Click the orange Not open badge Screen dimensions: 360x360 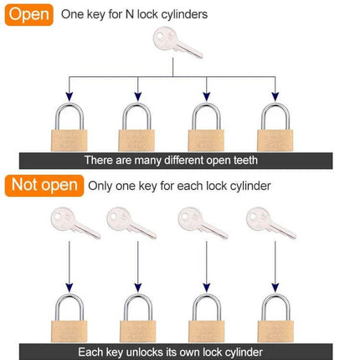(x=43, y=185)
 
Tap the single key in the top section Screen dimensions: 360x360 (x=176, y=43)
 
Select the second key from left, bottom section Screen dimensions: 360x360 (x=130, y=224)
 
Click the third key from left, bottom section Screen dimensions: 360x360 (x=201, y=224)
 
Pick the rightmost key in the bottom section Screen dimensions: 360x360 (x=267, y=224)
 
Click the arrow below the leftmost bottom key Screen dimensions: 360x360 (x=68, y=268)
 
